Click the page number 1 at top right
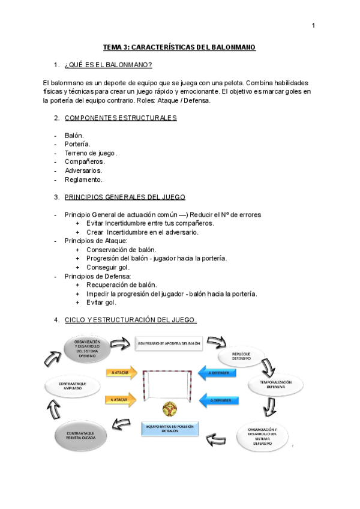point(313,26)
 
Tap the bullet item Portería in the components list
point(77,144)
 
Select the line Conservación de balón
point(121,250)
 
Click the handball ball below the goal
point(169,410)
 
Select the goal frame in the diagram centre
point(169,384)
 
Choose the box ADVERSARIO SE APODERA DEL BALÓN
point(169,343)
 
